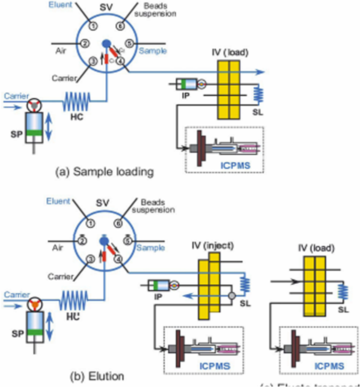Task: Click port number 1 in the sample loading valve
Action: [x=92, y=25]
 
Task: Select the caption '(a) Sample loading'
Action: [x=104, y=172]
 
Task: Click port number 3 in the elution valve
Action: [x=90, y=260]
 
